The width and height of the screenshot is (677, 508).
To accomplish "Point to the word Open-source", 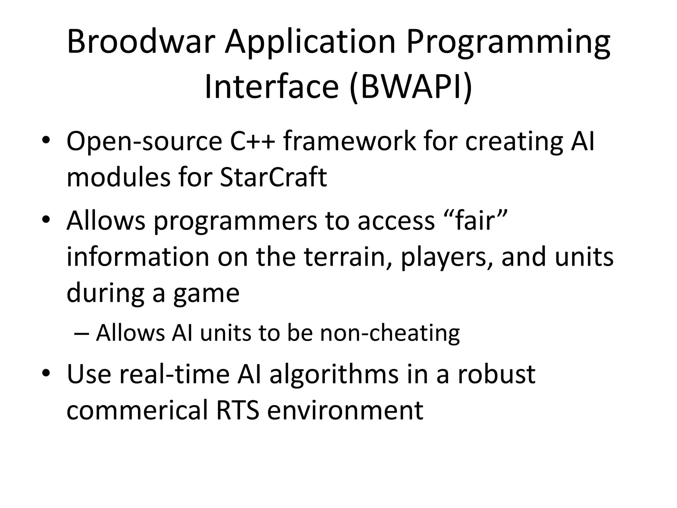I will (144, 142).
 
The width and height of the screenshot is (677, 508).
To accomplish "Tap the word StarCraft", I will (273, 177).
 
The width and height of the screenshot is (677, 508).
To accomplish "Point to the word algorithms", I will (334, 375).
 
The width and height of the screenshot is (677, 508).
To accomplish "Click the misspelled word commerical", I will (137, 410).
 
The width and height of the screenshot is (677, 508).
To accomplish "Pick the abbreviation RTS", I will (237, 410).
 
